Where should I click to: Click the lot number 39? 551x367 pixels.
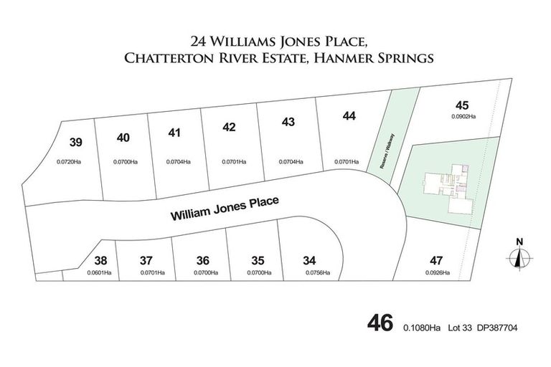click(77, 142)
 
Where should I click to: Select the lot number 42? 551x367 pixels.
click(230, 128)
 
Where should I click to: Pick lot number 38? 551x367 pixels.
click(101, 260)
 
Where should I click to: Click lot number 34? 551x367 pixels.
click(310, 260)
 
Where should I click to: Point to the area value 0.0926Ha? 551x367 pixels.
click(436, 272)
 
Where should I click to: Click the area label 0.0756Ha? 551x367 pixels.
click(317, 273)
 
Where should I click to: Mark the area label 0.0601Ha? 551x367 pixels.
click(99, 272)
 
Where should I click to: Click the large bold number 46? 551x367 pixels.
click(380, 323)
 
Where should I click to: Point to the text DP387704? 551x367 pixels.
click(496, 328)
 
